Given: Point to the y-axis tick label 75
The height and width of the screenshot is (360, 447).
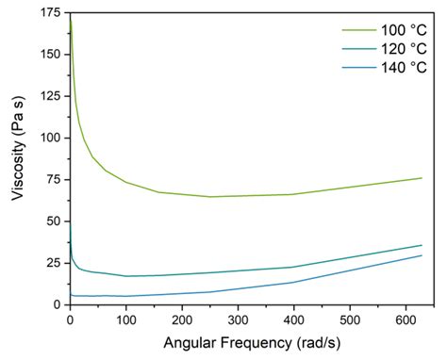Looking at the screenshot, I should coord(54,178).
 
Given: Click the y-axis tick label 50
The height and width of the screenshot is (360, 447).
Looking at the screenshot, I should coord(54,221).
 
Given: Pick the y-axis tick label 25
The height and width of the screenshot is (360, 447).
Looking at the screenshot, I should coord(54,262).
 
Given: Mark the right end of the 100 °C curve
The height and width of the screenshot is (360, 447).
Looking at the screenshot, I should coord(422,178).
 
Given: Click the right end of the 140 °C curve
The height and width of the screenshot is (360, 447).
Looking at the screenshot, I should coord(422,255).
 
